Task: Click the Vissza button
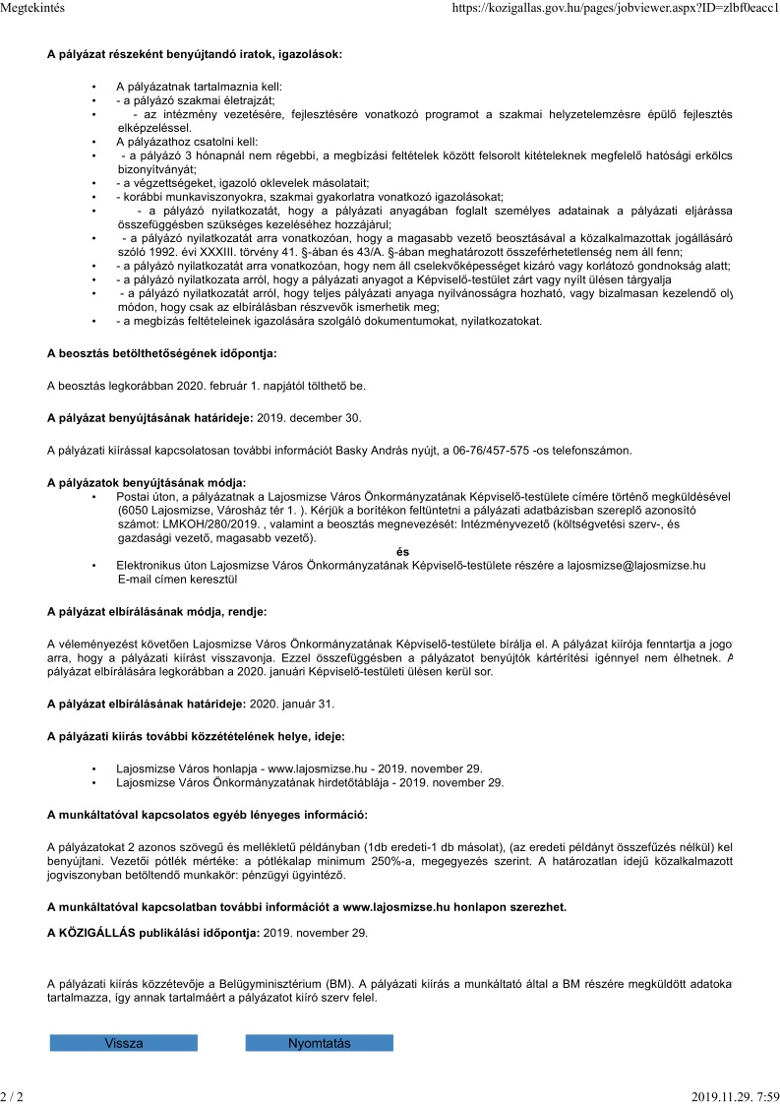click(x=123, y=1043)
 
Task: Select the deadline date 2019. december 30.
click(x=309, y=417)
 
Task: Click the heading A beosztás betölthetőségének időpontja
click(x=162, y=351)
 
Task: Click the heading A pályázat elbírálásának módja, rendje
click(x=156, y=611)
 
